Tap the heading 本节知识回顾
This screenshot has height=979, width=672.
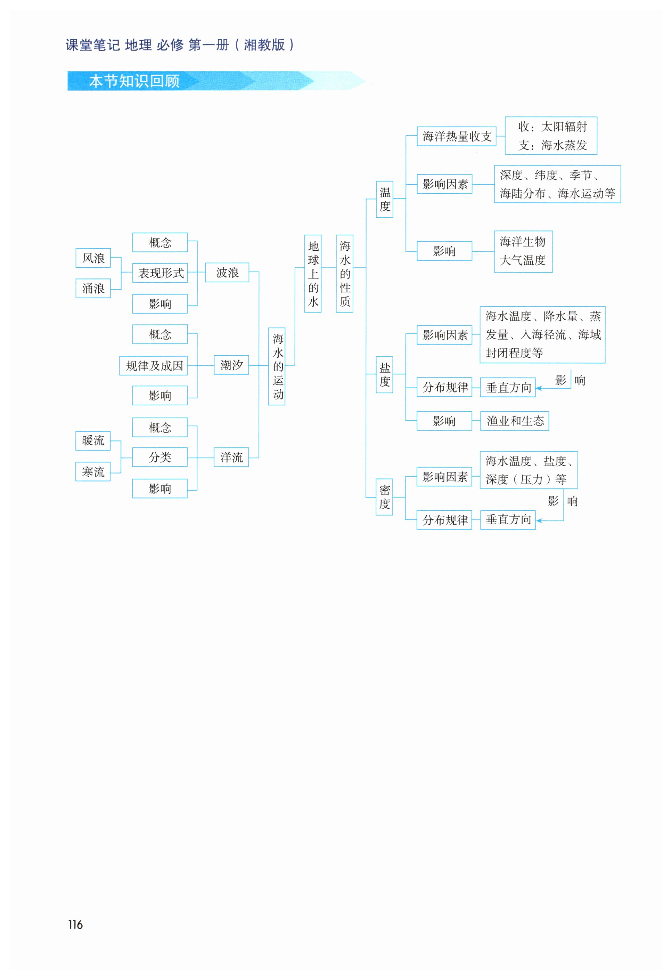pyautogui.click(x=134, y=81)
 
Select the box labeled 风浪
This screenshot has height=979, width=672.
pyautogui.click(x=93, y=258)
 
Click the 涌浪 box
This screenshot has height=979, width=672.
pyautogui.click(x=93, y=288)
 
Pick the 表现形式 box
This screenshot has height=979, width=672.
pyautogui.click(x=160, y=273)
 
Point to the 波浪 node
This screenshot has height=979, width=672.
pyautogui.click(x=227, y=273)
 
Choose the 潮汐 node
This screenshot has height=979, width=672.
pyautogui.click(x=231, y=365)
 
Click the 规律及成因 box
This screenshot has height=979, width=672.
pyautogui.click(x=154, y=365)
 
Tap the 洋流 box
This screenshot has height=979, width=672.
pyautogui.click(x=231, y=457)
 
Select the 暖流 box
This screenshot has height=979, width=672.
pyautogui.click(x=93, y=440)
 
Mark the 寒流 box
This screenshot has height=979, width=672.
pyautogui.click(x=93, y=471)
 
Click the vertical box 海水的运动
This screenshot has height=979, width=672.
pyautogui.click(x=277, y=366)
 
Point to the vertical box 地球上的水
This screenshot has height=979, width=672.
pyautogui.click(x=313, y=273)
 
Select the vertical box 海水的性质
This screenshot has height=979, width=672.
pyautogui.click(x=345, y=273)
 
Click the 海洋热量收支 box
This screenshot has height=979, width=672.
pyautogui.click(x=457, y=136)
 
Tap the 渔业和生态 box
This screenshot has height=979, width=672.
pyautogui.click(x=515, y=421)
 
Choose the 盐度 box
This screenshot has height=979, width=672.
pyautogui.click(x=384, y=374)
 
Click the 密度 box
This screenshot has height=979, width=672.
pyautogui.click(x=384, y=497)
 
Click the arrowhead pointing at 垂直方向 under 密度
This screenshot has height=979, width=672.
pyautogui.click(x=539, y=521)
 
